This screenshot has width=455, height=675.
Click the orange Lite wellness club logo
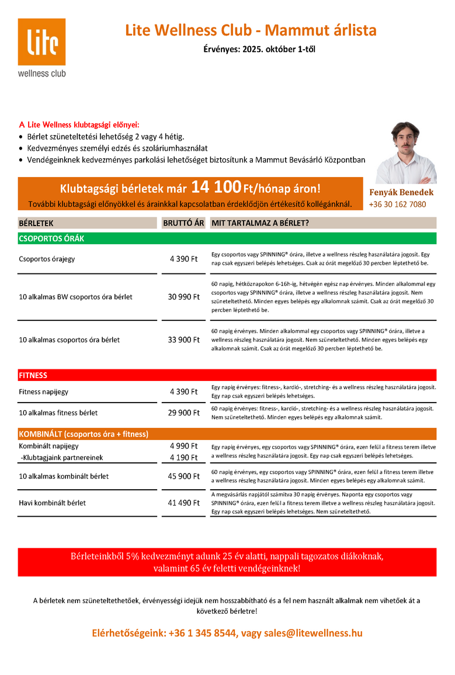41,42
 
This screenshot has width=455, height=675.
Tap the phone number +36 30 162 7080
397,205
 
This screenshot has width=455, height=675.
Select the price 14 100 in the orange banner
216,188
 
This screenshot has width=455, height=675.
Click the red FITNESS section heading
33,375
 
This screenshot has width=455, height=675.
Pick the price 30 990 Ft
184,297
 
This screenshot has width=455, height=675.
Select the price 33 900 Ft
184,339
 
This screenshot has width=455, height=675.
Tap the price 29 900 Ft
184,413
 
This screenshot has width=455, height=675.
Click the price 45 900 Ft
184,476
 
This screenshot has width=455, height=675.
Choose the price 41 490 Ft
184,503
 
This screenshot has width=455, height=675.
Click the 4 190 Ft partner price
184,458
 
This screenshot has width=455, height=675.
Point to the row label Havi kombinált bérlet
53,503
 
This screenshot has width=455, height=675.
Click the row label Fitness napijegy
46,392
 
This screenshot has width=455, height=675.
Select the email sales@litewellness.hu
313,633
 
